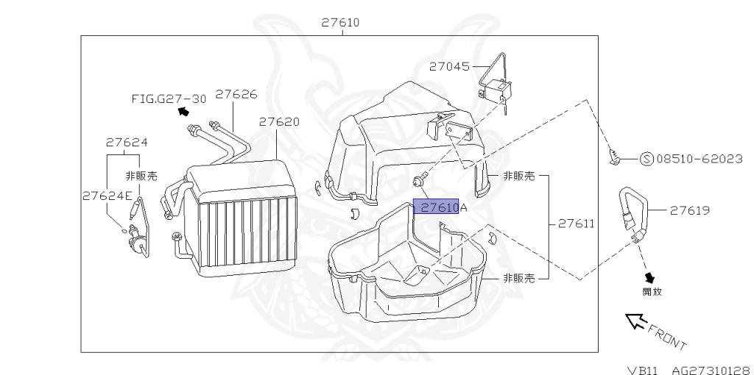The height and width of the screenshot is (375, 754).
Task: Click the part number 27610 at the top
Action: [x=340, y=23]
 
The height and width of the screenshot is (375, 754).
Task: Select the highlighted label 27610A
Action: [x=440, y=207]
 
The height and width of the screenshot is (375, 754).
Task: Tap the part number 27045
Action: [x=450, y=66]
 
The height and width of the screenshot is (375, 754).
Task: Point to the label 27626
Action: [x=236, y=94]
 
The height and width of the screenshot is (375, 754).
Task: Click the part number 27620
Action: [x=279, y=121]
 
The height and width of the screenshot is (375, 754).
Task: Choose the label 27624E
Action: [x=107, y=196]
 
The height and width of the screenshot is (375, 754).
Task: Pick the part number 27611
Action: [x=576, y=223]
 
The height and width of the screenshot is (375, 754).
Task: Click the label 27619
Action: [x=689, y=210]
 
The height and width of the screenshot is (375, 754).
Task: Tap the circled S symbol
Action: [x=646, y=158]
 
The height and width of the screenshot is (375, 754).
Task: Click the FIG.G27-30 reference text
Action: [x=169, y=99]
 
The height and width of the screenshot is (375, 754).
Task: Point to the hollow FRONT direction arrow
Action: [x=635, y=321]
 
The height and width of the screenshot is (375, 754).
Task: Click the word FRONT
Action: [x=666, y=336]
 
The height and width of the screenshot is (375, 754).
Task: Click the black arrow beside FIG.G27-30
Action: [x=183, y=112]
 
